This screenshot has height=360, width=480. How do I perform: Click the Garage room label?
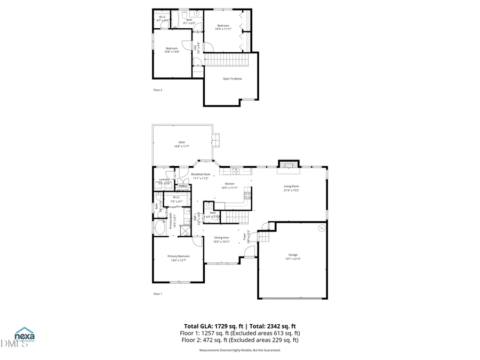point(293,255)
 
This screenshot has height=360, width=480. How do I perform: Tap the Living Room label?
point(291,186)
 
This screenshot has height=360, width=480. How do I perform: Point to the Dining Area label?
point(222,237)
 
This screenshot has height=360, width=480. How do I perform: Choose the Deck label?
point(181,142)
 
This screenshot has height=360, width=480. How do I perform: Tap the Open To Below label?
point(233,78)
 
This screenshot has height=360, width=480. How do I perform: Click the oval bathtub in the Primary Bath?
point(160,228)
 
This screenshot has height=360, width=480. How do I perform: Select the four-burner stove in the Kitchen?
point(247,195)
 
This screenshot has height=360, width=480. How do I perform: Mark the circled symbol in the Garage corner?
point(321,228)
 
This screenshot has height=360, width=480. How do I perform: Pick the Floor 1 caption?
point(158,294)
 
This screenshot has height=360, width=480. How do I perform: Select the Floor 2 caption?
point(158,90)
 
